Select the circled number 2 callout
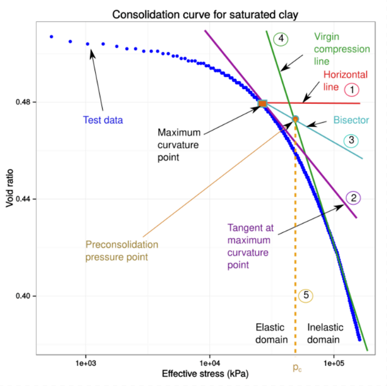[x=353, y=198]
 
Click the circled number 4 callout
[x=281, y=38]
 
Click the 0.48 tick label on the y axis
[x=23, y=102]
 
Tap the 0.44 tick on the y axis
[x=23, y=199]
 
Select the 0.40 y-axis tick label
[x=23, y=296]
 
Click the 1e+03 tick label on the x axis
[x=86, y=363]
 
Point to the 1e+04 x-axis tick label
[x=210, y=363]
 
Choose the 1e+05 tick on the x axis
[x=334, y=363]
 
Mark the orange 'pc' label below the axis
[x=297, y=368]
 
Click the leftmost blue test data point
[x=51, y=37]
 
